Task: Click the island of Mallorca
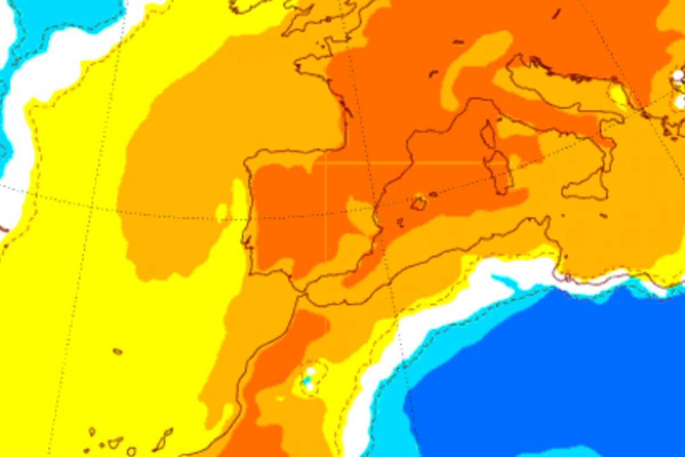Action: (419, 203)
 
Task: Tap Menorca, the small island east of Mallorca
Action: (434, 194)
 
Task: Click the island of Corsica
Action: (488, 135)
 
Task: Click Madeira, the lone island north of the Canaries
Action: (118, 351)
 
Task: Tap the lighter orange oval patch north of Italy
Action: (479, 63)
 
